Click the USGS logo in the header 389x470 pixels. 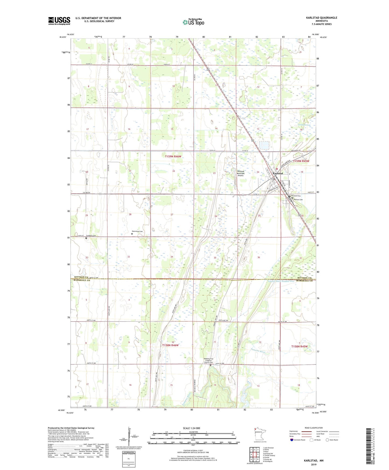tap(59, 21)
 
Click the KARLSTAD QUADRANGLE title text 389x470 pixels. tap(321, 18)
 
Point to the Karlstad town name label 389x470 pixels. tap(278, 173)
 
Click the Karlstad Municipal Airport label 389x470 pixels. tap(240, 173)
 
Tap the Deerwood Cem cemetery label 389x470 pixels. tap(137, 232)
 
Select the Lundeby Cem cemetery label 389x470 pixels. tap(91, 236)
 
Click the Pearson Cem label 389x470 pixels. tap(298, 199)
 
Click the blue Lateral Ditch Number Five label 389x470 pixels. tap(281, 281)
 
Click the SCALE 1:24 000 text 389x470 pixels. tap(191, 428)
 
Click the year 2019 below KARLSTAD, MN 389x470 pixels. tap(314, 465)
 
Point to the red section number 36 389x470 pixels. tap(258, 257)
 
